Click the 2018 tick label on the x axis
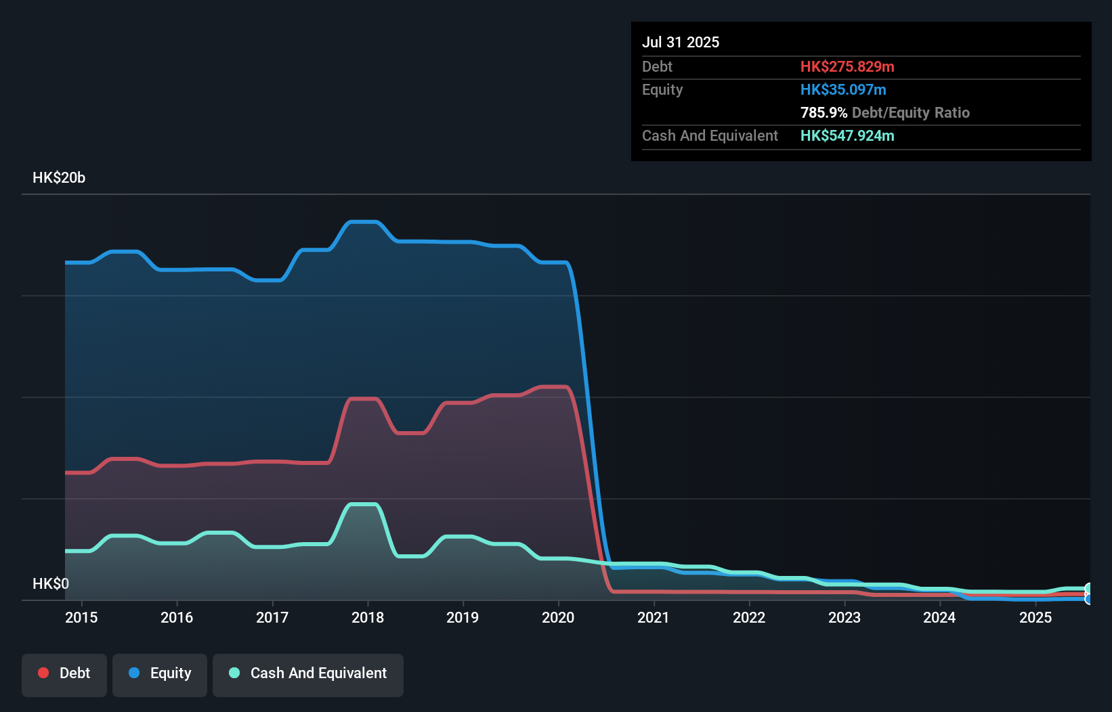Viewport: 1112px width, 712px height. pyautogui.click(x=367, y=617)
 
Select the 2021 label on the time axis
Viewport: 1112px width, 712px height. pyautogui.click(x=653, y=617)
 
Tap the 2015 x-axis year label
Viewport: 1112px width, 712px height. pyautogui.click(x=81, y=617)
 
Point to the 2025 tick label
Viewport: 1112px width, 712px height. pyautogui.click(x=1035, y=617)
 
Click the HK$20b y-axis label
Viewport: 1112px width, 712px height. pyautogui.click(x=59, y=178)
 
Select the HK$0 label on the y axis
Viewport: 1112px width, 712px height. pyautogui.click(x=51, y=583)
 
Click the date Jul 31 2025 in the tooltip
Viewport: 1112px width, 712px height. pyautogui.click(x=681, y=42)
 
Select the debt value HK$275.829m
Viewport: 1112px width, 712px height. pyautogui.click(x=847, y=66)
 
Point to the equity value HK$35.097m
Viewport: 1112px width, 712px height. pyautogui.click(x=843, y=89)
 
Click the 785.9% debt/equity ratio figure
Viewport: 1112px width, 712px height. pyautogui.click(x=824, y=112)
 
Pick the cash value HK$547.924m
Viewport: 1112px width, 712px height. pyautogui.click(x=847, y=135)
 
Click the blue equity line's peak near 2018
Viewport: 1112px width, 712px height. pyautogui.click(x=363, y=222)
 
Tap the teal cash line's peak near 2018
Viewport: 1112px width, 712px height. pyautogui.click(x=363, y=504)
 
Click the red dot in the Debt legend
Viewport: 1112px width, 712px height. pyautogui.click(x=43, y=673)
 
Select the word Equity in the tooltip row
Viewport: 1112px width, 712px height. pyautogui.click(x=662, y=89)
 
